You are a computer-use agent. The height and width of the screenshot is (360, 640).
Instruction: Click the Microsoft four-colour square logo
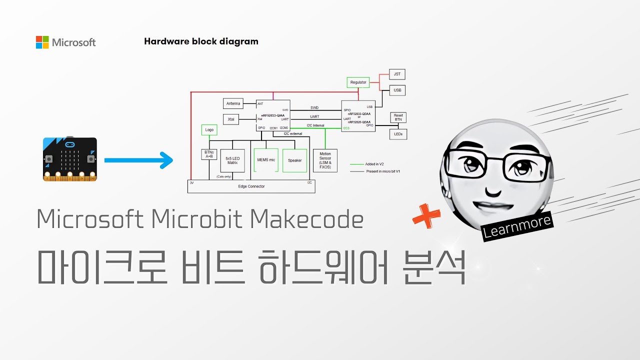click(42, 42)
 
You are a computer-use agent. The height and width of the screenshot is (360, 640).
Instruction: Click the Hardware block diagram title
click(201, 41)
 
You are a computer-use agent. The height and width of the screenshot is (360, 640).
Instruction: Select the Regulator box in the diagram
click(358, 82)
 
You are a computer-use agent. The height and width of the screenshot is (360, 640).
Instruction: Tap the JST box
click(397, 74)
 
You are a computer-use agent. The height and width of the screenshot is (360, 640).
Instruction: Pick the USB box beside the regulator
click(397, 90)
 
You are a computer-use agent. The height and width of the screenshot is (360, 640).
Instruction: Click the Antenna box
click(233, 103)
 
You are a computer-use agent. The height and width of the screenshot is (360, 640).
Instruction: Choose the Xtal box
click(231, 119)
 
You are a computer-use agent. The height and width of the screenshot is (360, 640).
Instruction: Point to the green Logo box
click(209, 129)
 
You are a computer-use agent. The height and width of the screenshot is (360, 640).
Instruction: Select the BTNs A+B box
click(208, 154)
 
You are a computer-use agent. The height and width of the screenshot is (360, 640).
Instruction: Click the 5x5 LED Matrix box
click(232, 160)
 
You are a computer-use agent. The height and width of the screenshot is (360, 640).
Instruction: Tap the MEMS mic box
click(265, 160)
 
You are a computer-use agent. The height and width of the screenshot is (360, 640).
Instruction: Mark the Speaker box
click(295, 160)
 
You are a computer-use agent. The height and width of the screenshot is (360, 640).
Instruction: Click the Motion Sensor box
click(325, 160)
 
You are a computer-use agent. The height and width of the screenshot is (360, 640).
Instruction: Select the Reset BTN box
click(398, 117)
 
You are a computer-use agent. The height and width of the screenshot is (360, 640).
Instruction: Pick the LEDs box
click(398, 134)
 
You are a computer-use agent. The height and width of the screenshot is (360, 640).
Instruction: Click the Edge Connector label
click(251, 186)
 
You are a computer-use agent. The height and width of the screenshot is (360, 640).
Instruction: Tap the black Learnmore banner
click(517, 226)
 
